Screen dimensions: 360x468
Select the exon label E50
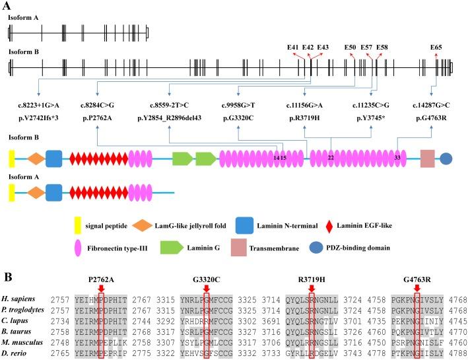coord(350,47)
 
